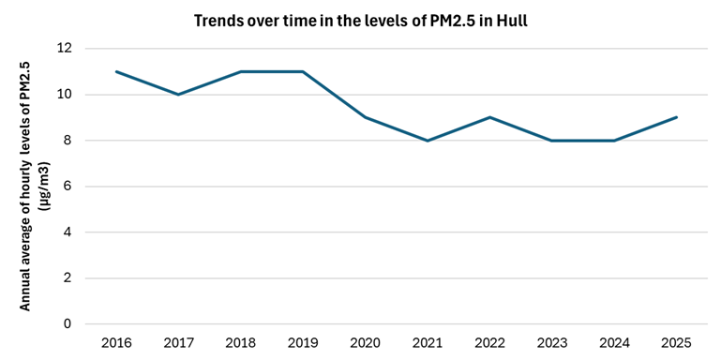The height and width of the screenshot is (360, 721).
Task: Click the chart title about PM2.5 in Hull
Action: point(360,20)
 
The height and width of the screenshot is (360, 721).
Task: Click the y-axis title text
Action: point(33,186)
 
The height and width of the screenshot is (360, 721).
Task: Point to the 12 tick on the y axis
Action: point(65,49)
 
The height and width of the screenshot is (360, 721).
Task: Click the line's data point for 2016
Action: point(116,71)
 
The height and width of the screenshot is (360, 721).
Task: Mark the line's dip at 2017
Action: point(178,95)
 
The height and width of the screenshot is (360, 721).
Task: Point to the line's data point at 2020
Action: point(365,117)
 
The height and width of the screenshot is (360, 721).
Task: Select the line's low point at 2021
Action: point(428,141)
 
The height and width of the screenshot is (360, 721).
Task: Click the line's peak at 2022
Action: point(489,117)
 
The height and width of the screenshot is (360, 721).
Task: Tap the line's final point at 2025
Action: point(676,117)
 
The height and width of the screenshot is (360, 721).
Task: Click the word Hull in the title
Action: point(511,20)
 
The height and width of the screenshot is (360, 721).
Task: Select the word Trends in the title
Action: point(217,20)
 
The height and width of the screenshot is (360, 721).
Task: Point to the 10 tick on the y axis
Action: point(65,95)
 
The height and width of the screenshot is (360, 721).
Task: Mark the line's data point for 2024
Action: point(614,141)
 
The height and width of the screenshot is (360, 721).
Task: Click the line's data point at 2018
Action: point(241,71)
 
